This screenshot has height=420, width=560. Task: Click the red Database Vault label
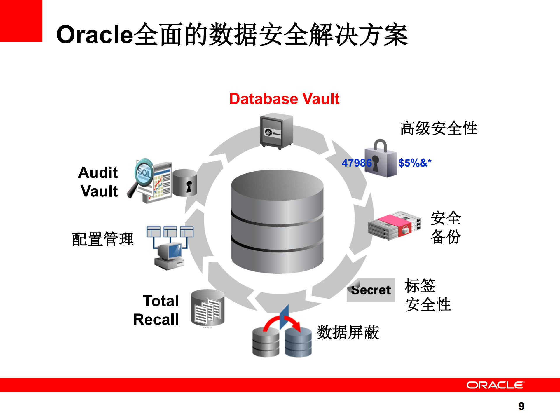tap(284, 99)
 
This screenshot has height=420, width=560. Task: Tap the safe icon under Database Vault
tap(276, 131)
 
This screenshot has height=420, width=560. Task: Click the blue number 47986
tap(356, 163)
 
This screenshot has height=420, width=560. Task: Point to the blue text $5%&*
tap(415, 163)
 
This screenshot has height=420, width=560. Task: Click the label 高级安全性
tap(439, 128)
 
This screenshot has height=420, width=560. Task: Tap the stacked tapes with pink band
tap(394, 226)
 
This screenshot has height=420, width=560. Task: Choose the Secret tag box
tap(371, 290)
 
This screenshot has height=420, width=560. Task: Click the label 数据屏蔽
tap(348, 332)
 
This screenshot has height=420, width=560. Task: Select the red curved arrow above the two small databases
tap(282, 323)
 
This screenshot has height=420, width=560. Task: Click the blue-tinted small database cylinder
tap(298, 342)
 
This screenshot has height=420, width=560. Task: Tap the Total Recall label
tap(157, 310)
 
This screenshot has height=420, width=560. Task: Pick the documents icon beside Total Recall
tap(207, 308)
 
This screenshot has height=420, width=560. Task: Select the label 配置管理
tap(103, 239)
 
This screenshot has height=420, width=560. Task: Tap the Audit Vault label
tap(99, 182)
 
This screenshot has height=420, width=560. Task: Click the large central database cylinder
tap(277, 222)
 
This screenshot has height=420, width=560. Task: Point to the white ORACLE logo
tap(495, 385)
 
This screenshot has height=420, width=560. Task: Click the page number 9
tap(521, 406)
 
